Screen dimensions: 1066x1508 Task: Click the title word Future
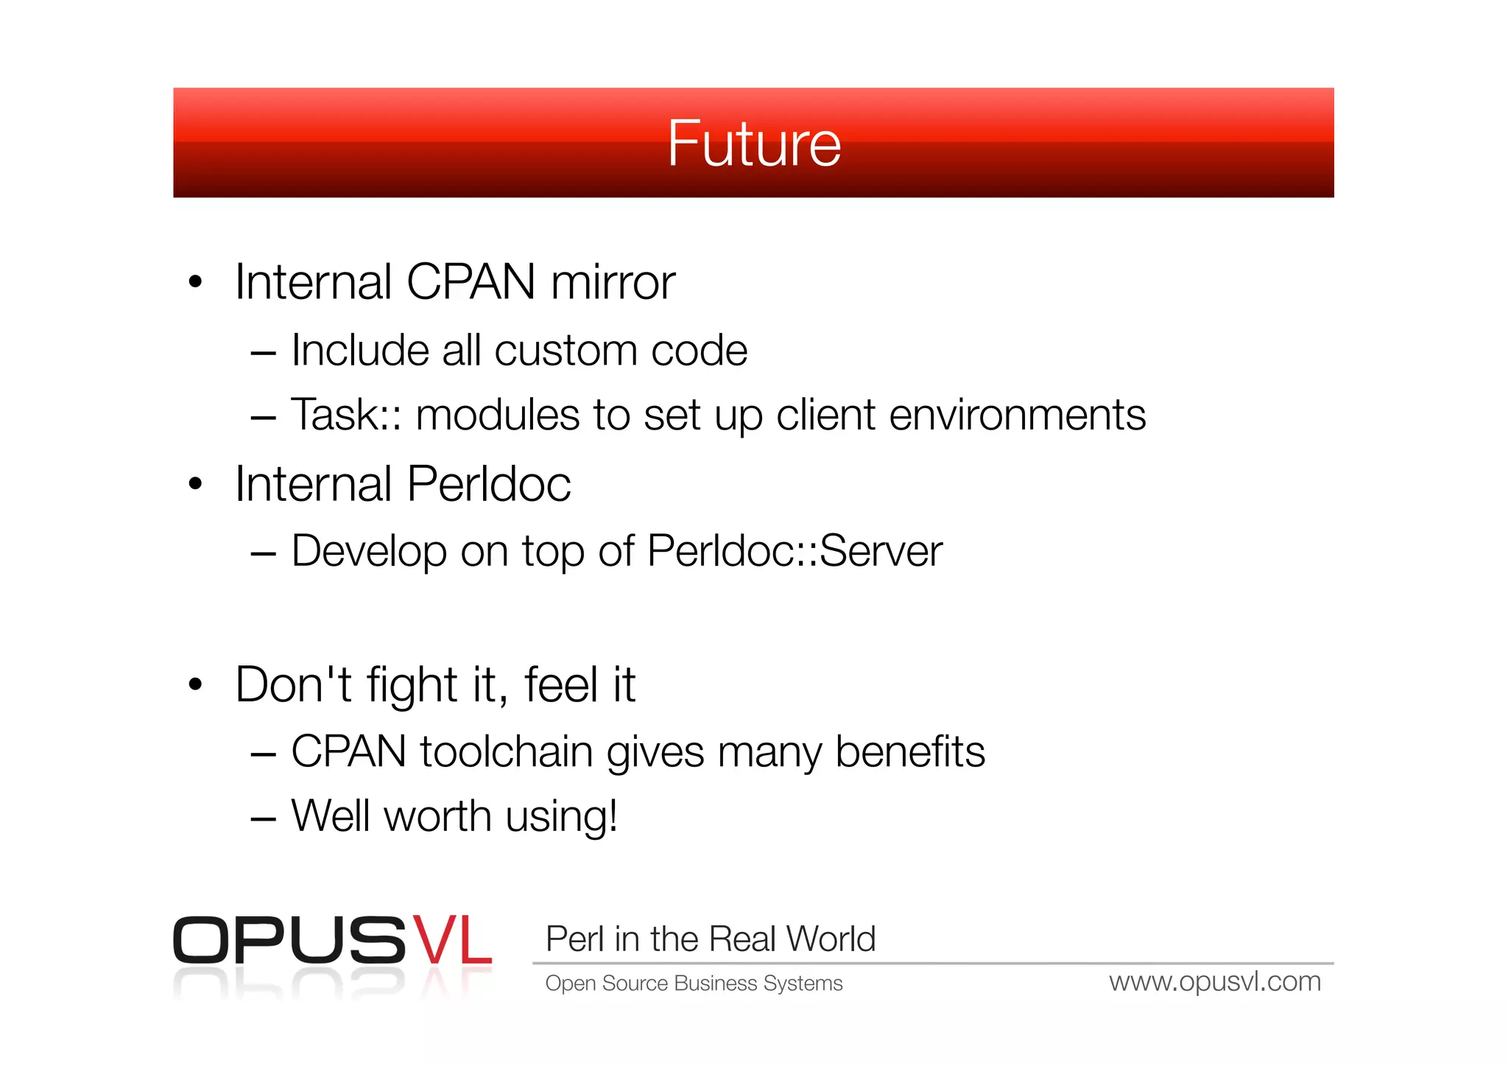pos(753,144)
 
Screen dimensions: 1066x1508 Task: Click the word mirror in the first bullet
pos(613,282)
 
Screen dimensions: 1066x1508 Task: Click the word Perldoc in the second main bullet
pos(488,484)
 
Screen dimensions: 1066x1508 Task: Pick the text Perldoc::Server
pos(794,551)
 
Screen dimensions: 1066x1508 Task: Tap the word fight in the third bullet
pos(412,686)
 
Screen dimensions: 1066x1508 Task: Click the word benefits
pos(910,752)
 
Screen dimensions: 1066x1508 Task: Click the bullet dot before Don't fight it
pos(195,684)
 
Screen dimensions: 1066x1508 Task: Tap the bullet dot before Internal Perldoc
pos(195,484)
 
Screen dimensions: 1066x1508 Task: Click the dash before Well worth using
pos(263,818)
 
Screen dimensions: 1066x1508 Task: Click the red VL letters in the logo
pos(451,941)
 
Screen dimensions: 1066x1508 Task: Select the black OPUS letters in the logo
pos(289,941)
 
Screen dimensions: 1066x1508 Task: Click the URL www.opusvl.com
pos(1215,982)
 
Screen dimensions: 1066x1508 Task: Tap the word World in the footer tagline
pos(831,939)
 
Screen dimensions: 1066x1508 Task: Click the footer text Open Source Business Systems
pos(694,983)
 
